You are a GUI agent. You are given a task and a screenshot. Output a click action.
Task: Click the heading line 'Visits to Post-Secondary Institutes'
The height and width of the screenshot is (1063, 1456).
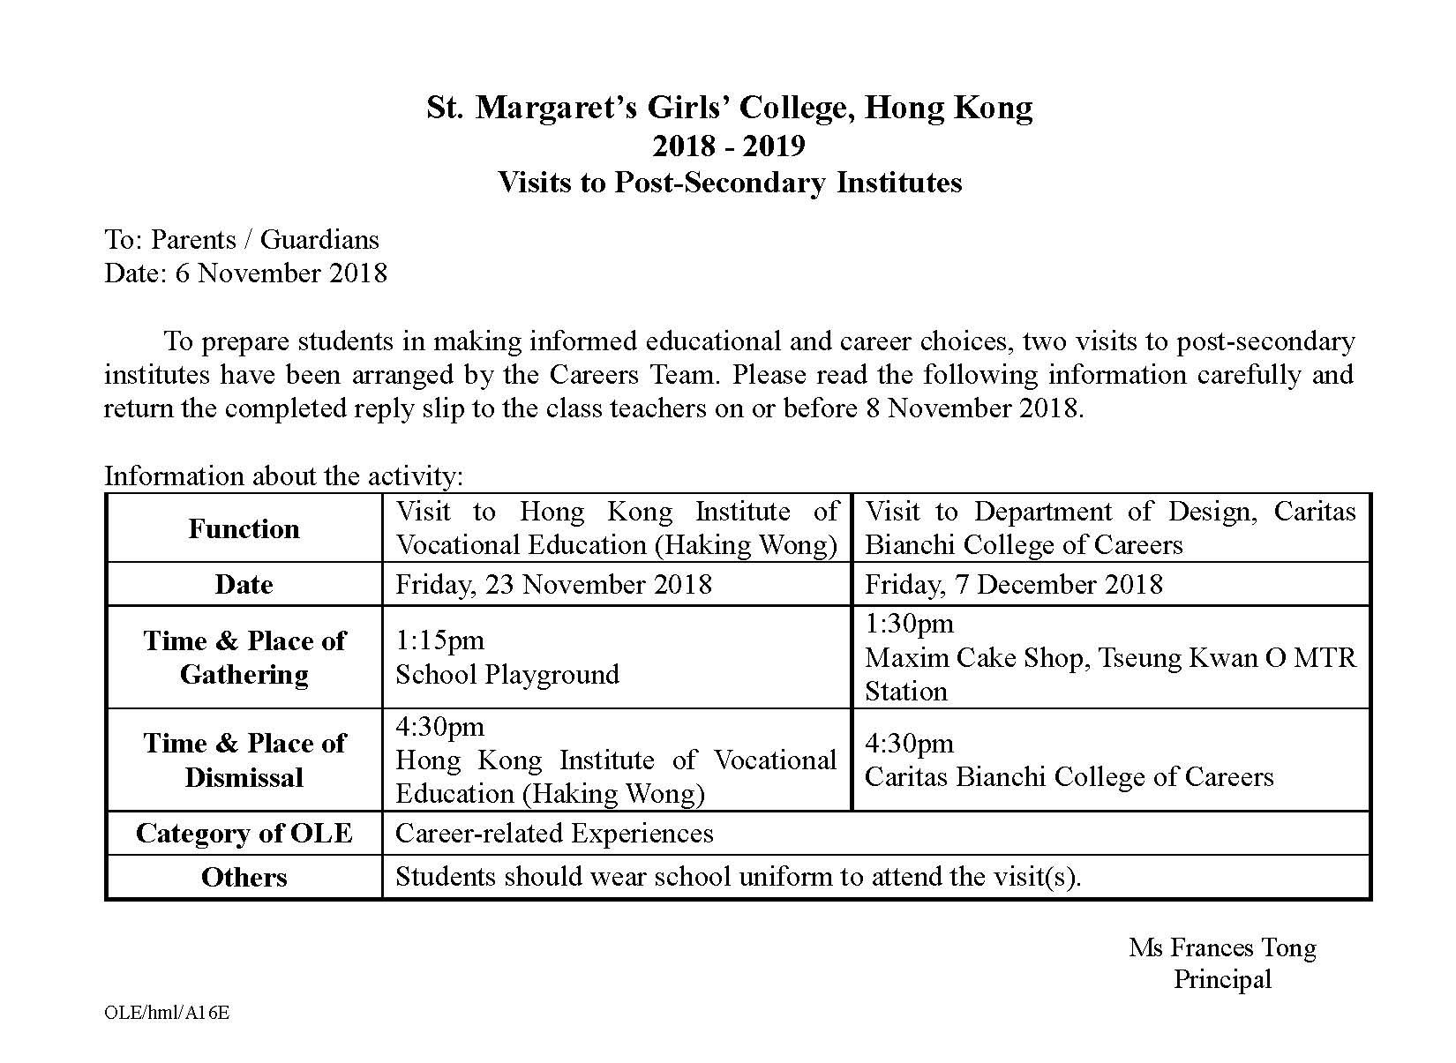point(729,183)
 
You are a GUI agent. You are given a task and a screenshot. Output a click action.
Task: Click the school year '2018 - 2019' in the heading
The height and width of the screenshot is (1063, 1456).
point(729,145)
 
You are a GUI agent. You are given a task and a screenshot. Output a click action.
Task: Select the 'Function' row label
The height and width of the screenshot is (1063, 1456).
point(244,529)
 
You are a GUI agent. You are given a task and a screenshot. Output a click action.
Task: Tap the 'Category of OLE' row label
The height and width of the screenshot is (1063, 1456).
point(244,834)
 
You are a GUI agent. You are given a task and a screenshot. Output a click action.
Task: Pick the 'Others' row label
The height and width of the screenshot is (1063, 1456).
point(244,878)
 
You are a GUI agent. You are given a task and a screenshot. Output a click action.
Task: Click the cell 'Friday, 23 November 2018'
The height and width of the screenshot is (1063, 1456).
point(553,585)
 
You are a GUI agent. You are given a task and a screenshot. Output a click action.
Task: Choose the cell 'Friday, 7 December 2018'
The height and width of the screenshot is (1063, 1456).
point(1013,585)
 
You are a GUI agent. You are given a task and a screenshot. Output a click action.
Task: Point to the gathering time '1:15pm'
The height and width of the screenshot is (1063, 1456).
point(439,640)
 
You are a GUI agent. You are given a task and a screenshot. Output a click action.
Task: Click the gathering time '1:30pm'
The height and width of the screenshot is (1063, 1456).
point(909,624)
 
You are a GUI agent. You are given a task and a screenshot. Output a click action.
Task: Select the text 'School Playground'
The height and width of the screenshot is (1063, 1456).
point(507,675)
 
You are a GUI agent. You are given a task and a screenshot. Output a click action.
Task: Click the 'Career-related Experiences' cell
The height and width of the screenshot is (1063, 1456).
point(553,834)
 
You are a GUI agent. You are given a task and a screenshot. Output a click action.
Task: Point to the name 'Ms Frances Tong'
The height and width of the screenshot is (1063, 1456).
point(1222,947)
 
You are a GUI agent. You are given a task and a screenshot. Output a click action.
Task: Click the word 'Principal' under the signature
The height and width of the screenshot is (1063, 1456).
point(1222,979)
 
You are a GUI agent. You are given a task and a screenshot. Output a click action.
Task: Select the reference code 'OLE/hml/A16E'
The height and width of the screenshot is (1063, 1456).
point(167,1013)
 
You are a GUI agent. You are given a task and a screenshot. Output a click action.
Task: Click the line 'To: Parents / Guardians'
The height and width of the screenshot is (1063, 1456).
point(241,240)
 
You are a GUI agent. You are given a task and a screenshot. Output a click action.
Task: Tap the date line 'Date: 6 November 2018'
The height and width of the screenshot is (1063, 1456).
point(245,273)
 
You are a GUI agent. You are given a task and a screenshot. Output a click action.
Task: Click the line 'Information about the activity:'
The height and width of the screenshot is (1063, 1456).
point(283,476)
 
